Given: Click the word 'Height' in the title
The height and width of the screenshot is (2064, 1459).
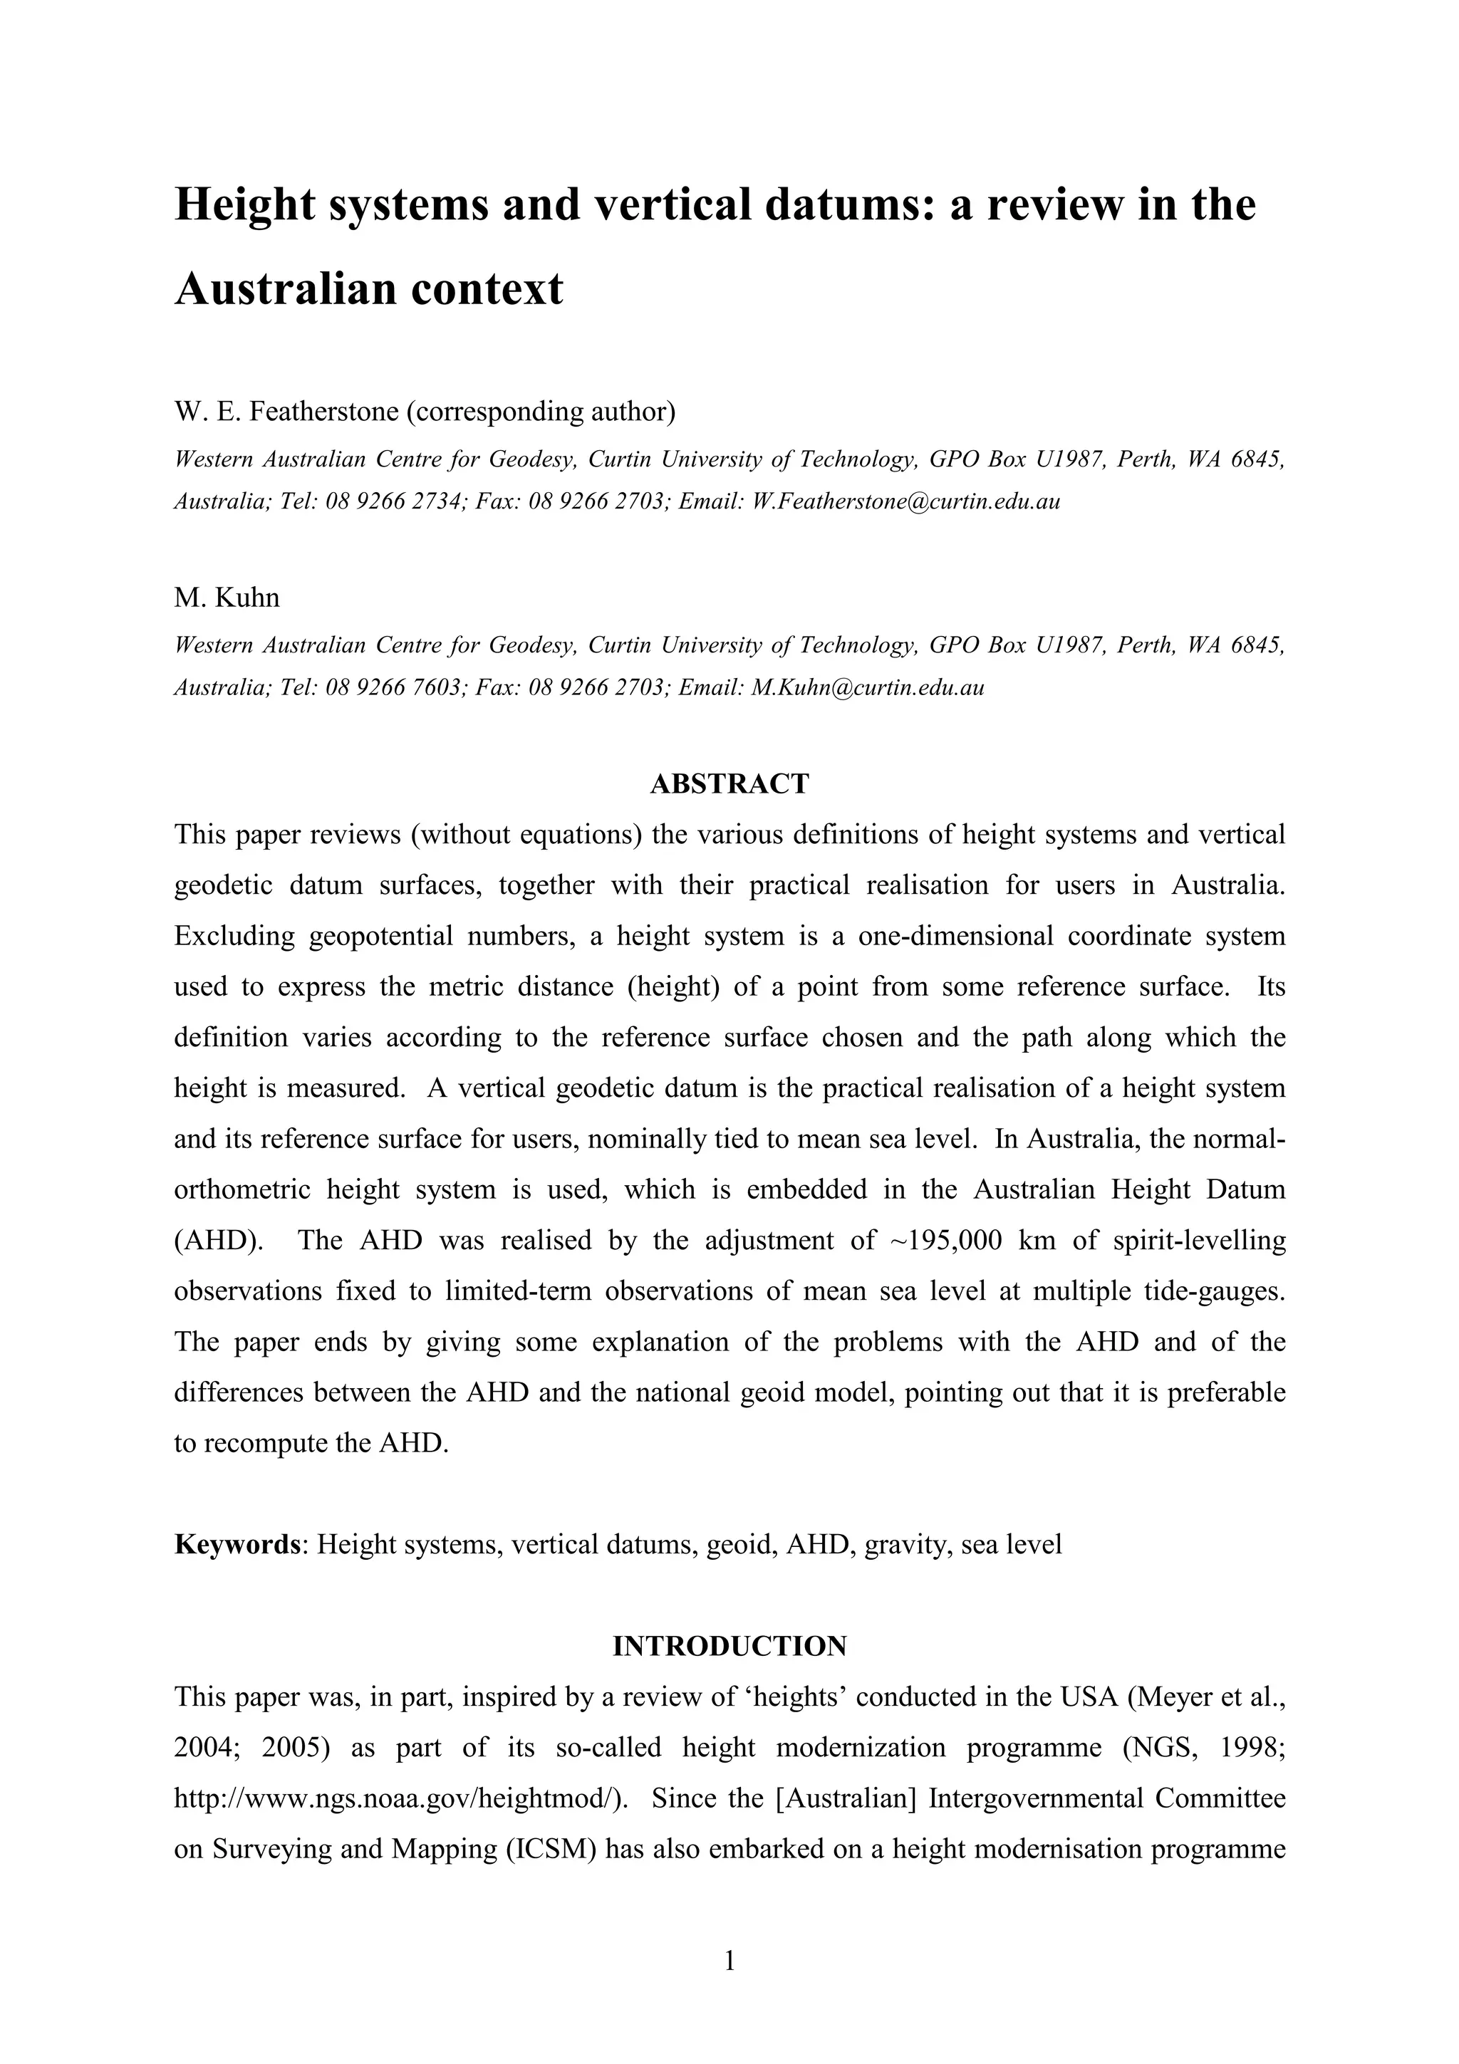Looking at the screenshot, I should (244, 205).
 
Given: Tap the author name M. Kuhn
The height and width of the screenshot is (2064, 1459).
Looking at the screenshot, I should (227, 598).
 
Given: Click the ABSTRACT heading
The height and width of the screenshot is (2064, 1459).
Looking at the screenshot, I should (729, 784).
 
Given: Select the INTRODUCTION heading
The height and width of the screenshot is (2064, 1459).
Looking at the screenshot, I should (729, 1646).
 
